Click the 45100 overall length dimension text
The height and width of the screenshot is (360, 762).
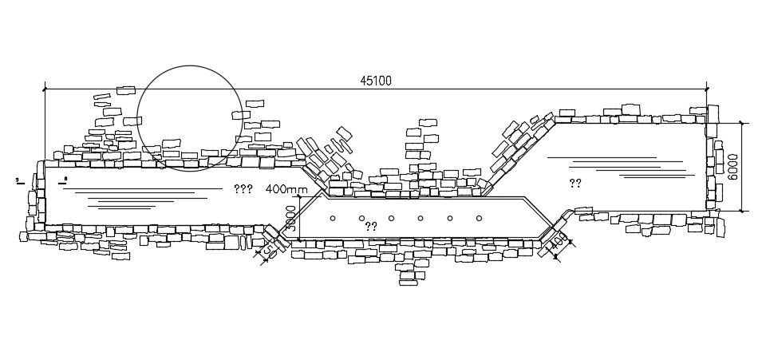[x=376, y=81]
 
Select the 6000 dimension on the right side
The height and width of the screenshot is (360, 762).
[x=732, y=167]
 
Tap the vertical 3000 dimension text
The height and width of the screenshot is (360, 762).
[x=291, y=218]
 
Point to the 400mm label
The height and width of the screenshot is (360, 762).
[x=286, y=190]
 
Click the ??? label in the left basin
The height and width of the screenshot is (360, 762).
[x=243, y=190]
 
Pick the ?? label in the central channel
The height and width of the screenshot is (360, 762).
[x=371, y=227]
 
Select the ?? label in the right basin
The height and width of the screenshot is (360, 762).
[x=575, y=184]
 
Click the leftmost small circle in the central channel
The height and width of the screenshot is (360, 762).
[x=333, y=218]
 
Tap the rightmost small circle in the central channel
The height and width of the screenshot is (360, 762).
[x=479, y=218]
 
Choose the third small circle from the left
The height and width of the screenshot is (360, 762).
[x=391, y=218]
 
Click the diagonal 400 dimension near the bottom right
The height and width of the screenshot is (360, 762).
[x=557, y=243]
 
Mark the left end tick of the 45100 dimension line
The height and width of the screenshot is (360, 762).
[x=45, y=88]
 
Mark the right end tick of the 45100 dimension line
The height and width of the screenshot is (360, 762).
[x=706, y=88]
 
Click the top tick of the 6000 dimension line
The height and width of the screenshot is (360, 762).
[x=742, y=123]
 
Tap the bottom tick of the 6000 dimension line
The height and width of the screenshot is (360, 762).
[x=742, y=212]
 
